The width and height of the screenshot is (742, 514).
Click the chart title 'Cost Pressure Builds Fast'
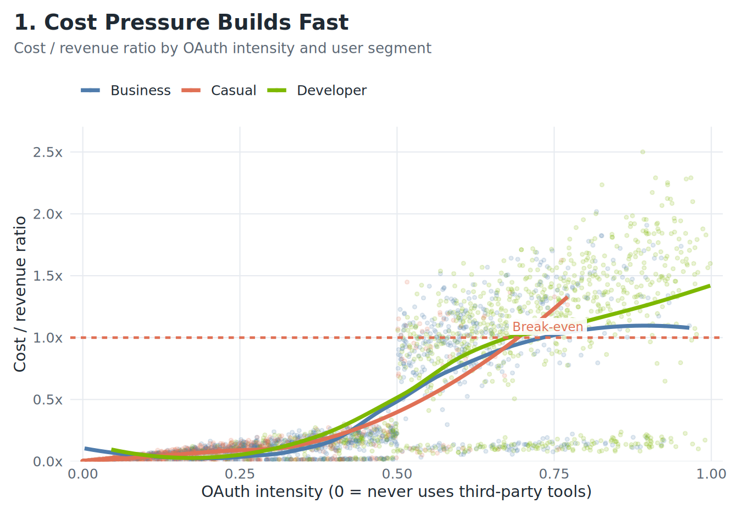point(181,23)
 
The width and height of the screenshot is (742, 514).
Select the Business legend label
point(140,91)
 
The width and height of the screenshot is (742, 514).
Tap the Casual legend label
point(234,91)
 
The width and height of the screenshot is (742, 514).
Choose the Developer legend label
point(331,91)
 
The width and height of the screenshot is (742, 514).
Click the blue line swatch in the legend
point(91,91)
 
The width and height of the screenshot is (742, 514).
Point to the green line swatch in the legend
point(277,91)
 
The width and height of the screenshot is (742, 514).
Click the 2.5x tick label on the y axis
point(48,152)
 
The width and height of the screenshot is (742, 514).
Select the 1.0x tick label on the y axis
point(48,338)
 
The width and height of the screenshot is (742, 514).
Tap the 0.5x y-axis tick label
point(48,400)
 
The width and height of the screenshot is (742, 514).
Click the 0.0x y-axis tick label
point(48,462)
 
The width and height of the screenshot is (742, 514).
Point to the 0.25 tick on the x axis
point(240,474)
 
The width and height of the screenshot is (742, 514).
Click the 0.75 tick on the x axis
point(554,474)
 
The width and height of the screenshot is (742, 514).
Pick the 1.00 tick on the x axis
point(711,474)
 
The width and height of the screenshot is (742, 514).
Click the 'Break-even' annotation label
point(547,327)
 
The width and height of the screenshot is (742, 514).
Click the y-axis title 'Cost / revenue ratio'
point(20,294)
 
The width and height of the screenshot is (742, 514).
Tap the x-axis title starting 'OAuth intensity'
point(396,491)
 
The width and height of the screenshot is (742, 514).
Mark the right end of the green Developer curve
point(710,286)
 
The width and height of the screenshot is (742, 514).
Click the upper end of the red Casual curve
point(567,297)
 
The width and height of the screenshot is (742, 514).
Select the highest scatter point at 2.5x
point(642,152)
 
